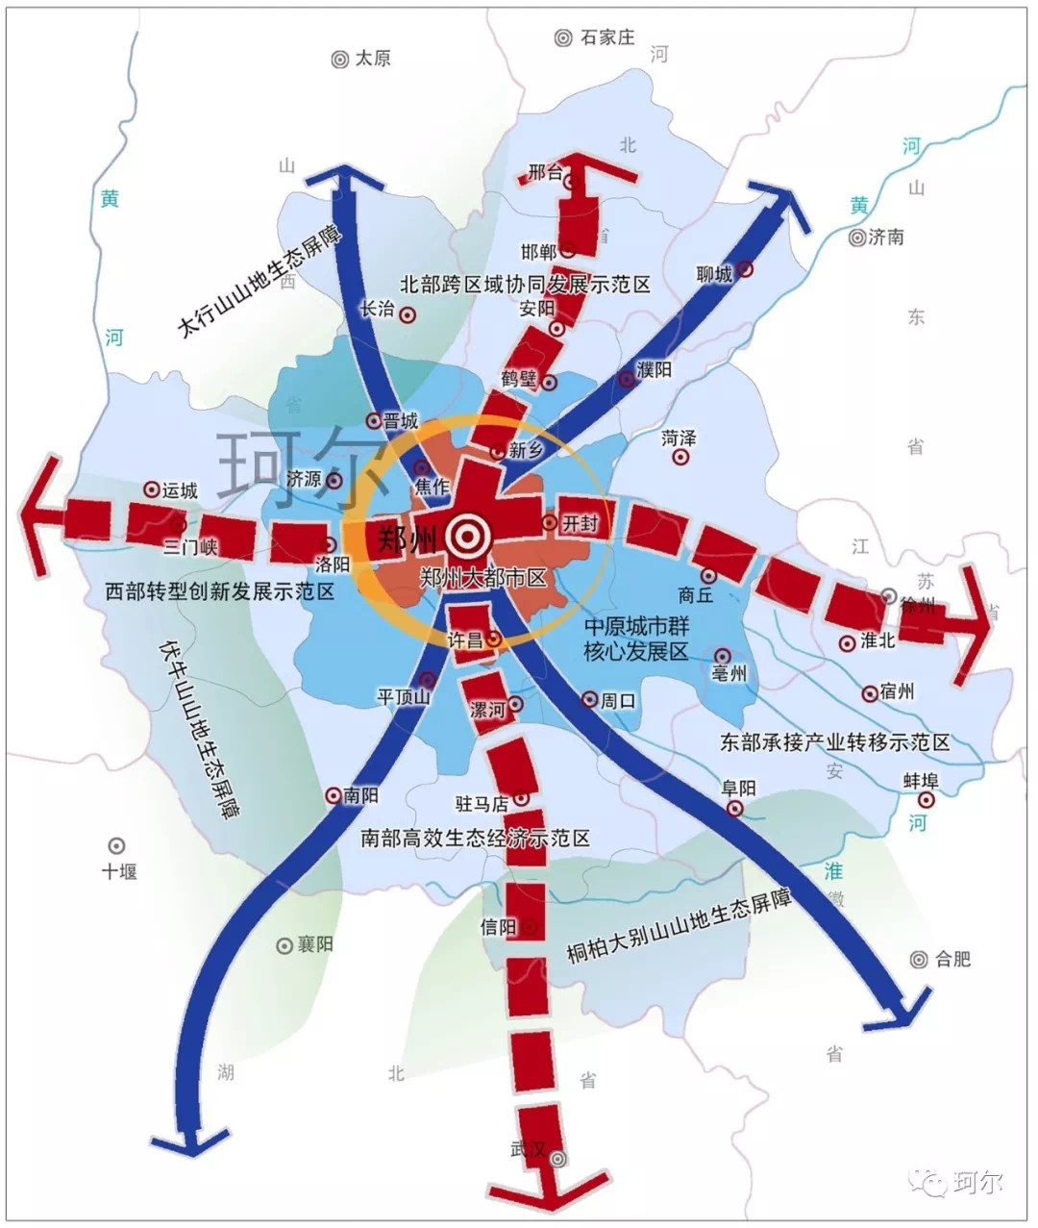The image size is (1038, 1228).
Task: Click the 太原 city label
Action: (373, 59)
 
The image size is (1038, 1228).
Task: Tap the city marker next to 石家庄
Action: (563, 38)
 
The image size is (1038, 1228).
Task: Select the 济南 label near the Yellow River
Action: (885, 237)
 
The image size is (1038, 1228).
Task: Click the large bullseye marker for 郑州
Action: (468, 536)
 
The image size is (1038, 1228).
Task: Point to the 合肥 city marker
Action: (918, 959)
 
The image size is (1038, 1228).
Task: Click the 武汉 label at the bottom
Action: (528, 1149)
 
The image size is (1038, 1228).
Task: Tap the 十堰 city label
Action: (120, 871)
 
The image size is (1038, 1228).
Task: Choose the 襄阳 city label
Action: (314, 944)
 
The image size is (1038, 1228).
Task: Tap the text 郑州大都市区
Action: (482, 578)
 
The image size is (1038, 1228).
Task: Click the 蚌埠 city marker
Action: (927, 800)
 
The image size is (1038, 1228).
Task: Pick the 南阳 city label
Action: (361, 796)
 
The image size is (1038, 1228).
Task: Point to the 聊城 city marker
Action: (745, 271)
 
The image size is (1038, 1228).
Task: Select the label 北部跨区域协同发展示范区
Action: (525, 285)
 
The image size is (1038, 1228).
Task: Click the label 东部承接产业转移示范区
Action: (834, 742)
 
